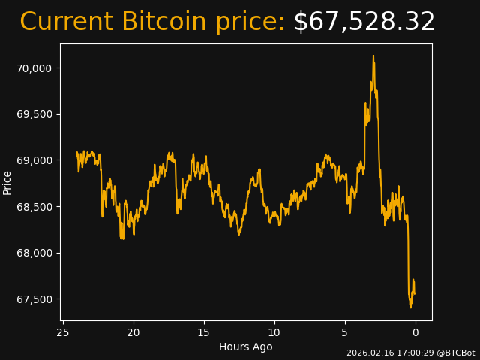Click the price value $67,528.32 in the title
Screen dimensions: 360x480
coord(364,22)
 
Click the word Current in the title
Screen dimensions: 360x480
coord(66,22)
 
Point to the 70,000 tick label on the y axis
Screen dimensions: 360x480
coord(34,68)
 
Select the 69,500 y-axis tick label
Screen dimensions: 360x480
coord(34,114)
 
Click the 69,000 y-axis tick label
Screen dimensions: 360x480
coord(34,160)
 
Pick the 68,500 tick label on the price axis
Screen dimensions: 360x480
coord(34,207)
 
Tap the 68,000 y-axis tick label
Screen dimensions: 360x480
coord(34,253)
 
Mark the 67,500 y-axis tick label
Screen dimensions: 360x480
coord(34,299)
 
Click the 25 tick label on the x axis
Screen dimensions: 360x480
coord(63,332)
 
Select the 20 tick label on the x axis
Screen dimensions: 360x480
coord(133,332)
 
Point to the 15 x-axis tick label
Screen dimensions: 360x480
coord(204,332)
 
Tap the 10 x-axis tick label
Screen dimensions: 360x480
coord(274,332)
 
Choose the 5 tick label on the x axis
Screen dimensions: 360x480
coord(345,332)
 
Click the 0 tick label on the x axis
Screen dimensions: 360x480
coord(415,332)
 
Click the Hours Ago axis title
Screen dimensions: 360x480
coord(246,346)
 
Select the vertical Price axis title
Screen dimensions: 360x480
coord(7,182)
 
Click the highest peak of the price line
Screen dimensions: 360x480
coord(373,56)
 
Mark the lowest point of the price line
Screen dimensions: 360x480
coord(411,307)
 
